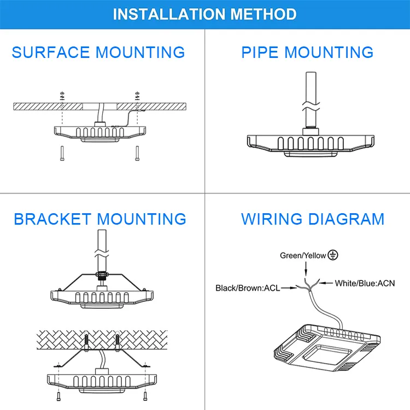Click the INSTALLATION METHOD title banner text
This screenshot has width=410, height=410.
pos(205,14)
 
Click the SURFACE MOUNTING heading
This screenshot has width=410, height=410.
pos(98,52)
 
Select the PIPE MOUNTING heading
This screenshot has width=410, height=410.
pos(307,52)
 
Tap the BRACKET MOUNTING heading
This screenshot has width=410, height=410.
pos(100,219)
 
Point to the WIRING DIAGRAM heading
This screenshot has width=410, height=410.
pos(313,219)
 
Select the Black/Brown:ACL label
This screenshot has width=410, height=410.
pos(248,288)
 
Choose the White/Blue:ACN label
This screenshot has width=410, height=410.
pos(365,283)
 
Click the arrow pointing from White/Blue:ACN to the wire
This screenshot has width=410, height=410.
pos(325,283)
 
